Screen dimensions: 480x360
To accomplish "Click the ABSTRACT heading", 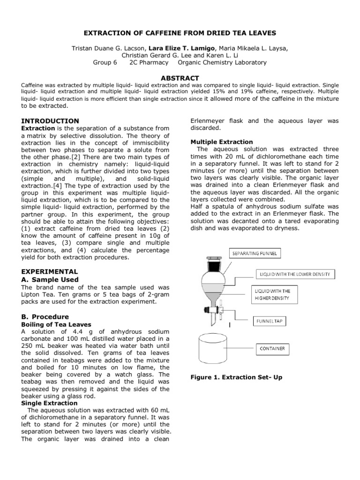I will [180, 78].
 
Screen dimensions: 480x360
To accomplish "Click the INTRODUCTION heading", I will [51, 121].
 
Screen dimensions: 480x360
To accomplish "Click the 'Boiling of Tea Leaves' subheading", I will [56, 324].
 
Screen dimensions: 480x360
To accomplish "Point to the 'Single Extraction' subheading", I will [50, 403].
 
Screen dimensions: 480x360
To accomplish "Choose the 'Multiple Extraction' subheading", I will [222, 142].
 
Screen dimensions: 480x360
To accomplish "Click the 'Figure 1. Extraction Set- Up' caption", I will [236, 377].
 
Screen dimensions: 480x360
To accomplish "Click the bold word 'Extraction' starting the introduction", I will [38, 128].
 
